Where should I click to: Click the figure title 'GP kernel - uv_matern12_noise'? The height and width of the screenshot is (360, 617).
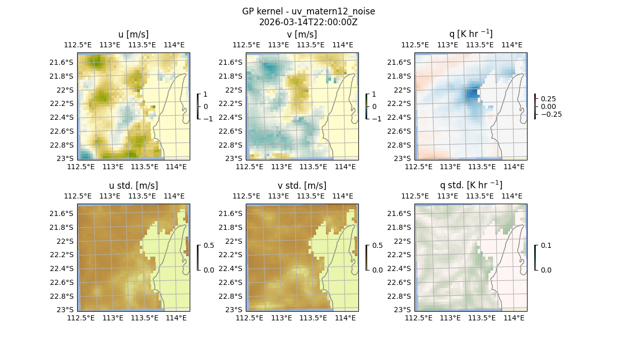pos(308,11)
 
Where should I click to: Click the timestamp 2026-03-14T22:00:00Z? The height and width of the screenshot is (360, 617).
pos(308,22)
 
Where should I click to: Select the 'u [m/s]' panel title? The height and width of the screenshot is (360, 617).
pos(134,34)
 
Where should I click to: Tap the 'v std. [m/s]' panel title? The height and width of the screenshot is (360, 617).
pos(302,186)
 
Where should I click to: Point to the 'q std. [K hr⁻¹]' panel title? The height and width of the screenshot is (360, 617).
pos(471,185)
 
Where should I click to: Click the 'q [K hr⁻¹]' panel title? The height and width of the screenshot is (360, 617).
pos(471,34)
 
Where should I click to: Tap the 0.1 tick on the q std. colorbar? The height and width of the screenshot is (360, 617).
pos(545,245)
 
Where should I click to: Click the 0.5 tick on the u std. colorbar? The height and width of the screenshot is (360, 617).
pos(209,245)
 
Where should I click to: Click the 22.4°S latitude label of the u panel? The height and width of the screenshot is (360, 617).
pos(64,117)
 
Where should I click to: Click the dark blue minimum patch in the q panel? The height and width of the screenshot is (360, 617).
pos(472,95)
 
